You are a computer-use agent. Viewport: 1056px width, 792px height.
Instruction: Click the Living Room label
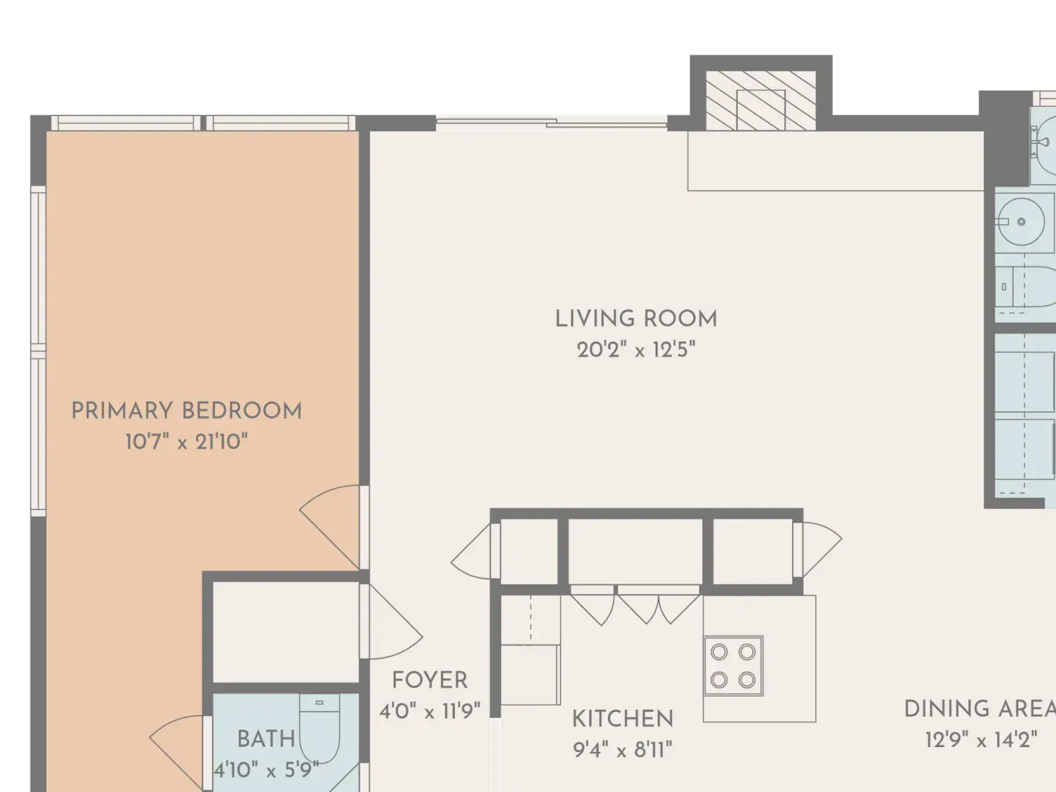click(x=636, y=319)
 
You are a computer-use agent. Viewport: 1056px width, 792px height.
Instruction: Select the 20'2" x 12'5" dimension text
click(x=636, y=350)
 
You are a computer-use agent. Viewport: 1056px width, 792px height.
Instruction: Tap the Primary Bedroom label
click(x=187, y=411)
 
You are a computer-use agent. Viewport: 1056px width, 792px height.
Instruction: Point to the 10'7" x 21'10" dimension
click(x=187, y=442)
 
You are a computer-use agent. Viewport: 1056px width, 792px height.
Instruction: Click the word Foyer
click(x=430, y=680)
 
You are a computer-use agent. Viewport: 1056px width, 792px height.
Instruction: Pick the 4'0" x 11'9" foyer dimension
click(x=430, y=711)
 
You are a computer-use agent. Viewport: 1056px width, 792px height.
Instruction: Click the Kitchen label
click(x=622, y=719)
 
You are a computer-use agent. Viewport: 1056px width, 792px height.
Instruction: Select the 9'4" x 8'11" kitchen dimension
click(x=622, y=749)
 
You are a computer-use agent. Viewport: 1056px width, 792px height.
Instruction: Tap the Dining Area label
click(x=979, y=709)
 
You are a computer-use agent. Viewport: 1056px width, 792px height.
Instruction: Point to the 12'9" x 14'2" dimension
click(x=981, y=740)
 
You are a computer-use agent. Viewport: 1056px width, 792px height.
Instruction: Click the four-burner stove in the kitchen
click(x=733, y=666)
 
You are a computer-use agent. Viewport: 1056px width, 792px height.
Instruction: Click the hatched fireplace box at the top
click(x=761, y=100)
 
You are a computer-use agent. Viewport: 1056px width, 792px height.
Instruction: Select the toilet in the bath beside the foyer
click(x=319, y=728)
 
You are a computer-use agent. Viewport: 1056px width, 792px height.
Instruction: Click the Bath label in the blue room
click(x=266, y=739)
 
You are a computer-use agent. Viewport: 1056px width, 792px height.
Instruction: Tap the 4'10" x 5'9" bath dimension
click(x=266, y=770)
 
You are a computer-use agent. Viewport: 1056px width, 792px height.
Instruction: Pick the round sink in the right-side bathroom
click(x=1021, y=222)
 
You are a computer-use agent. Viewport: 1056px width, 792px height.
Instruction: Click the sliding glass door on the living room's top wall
click(x=551, y=123)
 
